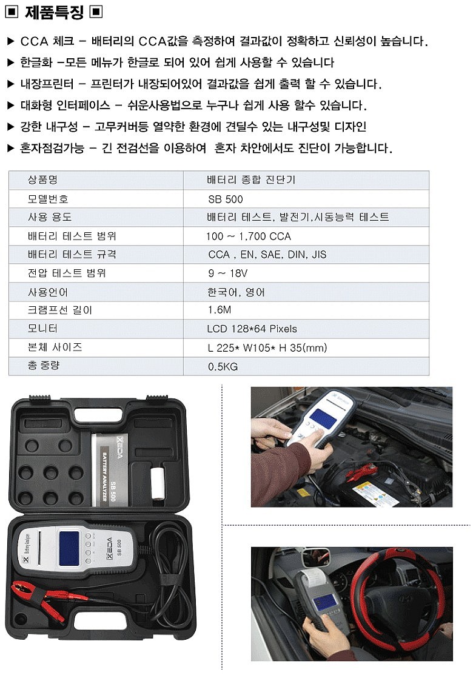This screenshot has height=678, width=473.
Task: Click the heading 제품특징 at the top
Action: tap(54, 12)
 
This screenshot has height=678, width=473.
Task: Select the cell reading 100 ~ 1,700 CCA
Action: tap(248, 236)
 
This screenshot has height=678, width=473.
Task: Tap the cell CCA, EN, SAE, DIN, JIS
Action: tap(267, 255)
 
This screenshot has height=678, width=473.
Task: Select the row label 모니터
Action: tap(42, 329)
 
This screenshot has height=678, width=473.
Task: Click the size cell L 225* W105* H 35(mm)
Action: tap(267, 347)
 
